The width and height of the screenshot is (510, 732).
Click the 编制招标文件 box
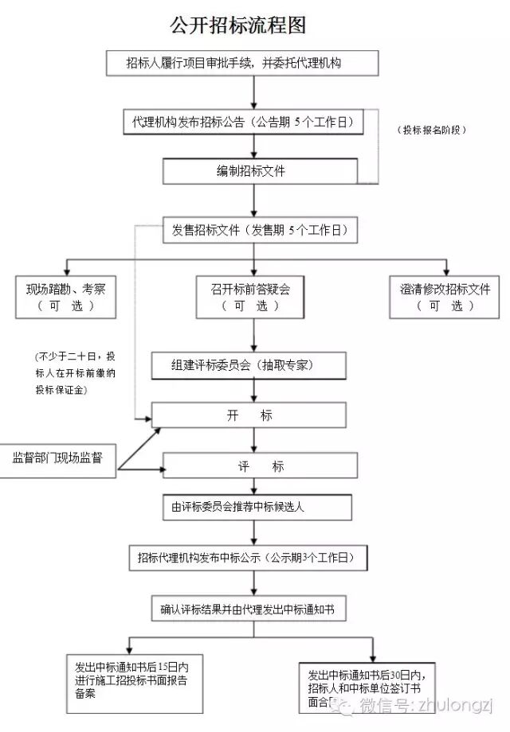pyautogui.click(x=251, y=171)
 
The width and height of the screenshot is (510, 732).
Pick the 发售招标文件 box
pyautogui.click(x=260, y=231)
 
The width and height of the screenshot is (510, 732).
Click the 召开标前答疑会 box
pyautogui.click(x=251, y=297)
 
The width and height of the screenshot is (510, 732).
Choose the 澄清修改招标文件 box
pyautogui.click(x=445, y=297)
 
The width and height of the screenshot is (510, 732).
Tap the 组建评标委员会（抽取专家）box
pyautogui.click(x=249, y=365)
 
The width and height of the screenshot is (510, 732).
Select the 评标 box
pyautogui.click(x=255, y=466)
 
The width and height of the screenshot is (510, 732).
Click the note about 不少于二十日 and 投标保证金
pyautogui.click(x=74, y=372)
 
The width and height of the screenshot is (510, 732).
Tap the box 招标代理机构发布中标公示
pyautogui.click(x=249, y=557)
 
